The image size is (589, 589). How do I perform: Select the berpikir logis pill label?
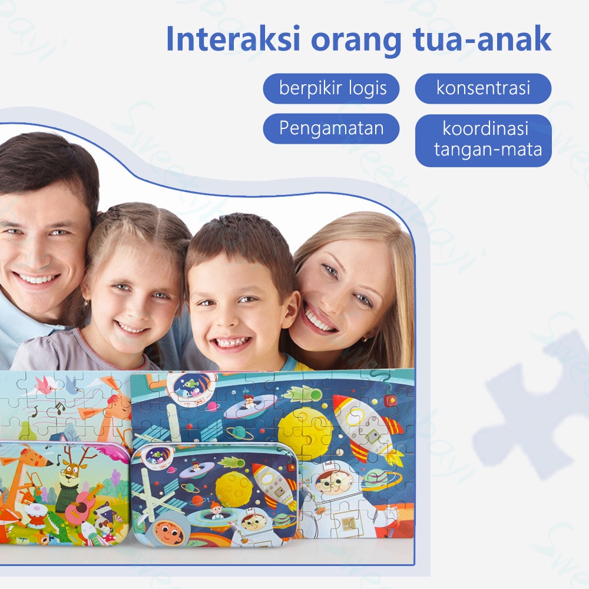coord(332,88)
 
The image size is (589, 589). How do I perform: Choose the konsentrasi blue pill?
coord(483,88)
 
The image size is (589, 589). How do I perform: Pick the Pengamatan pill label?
coord(331,128)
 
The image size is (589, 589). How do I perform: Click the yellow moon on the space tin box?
coord(233,487)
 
